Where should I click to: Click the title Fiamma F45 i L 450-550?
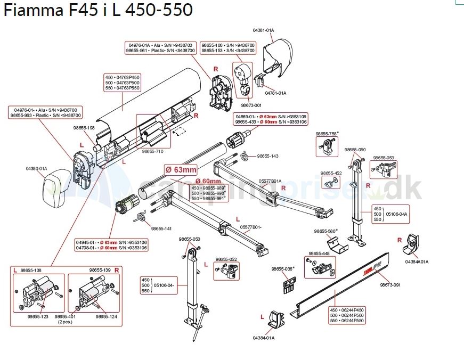point(98,10)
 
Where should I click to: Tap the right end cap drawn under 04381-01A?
point(278,56)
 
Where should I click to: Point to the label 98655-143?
point(267,156)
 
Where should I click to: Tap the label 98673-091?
point(390,285)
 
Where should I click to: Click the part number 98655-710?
point(153,151)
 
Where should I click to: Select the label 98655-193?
point(84,128)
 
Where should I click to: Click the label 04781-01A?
point(275,93)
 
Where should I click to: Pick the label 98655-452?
point(331,173)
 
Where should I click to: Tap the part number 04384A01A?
point(417,261)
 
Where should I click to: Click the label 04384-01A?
point(263,338)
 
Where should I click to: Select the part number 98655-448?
point(319,253)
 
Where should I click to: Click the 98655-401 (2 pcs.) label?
point(65,319)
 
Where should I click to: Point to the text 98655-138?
point(30,271)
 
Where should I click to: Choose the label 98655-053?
point(384,158)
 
